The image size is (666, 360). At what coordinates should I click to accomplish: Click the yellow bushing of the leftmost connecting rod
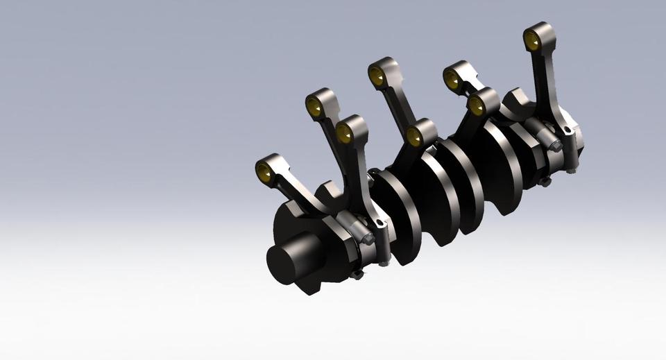(x=264, y=171)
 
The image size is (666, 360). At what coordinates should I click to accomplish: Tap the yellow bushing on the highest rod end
(x=533, y=41)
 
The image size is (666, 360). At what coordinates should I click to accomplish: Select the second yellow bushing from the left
(x=314, y=108)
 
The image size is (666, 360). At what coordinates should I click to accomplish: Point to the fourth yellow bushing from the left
(x=377, y=76)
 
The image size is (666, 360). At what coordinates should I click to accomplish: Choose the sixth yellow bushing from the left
(x=452, y=80)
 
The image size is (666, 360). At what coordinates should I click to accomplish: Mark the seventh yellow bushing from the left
(x=477, y=106)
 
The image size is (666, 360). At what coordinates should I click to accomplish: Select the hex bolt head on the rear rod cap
(x=555, y=146)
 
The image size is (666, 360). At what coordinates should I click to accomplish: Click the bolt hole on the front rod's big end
(x=379, y=223)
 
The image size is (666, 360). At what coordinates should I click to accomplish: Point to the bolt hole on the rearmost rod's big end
(x=567, y=130)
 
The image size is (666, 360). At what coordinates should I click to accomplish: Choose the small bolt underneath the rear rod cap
(x=545, y=182)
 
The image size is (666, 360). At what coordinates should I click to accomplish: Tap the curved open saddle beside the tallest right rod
(x=517, y=101)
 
